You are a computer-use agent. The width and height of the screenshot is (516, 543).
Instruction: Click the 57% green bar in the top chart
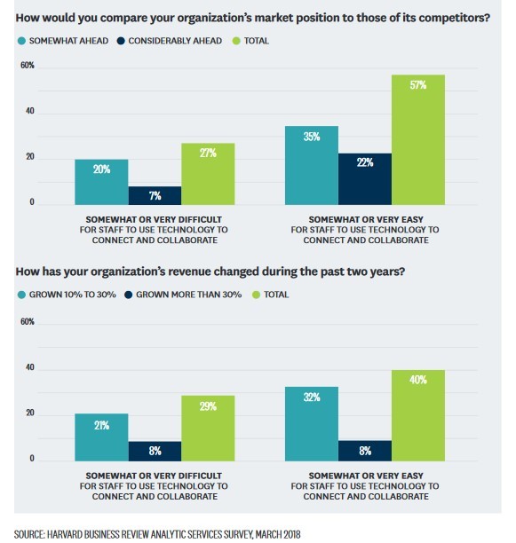click(x=417, y=140)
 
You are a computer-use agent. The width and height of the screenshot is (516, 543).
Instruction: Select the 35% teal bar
click(x=311, y=165)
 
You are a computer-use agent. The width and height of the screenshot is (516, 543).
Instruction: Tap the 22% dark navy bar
click(x=364, y=178)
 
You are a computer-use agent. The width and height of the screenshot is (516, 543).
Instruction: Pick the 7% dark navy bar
click(x=155, y=195)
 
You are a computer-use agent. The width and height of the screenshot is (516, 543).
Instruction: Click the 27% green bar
click(x=208, y=173)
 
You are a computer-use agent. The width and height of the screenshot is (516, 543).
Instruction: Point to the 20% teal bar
click(x=101, y=182)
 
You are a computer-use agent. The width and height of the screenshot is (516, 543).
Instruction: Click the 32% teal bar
click(x=311, y=423)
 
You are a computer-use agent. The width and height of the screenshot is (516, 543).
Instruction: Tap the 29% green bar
click(x=208, y=428)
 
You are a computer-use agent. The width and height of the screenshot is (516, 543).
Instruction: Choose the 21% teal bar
click(x=101, y=437)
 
